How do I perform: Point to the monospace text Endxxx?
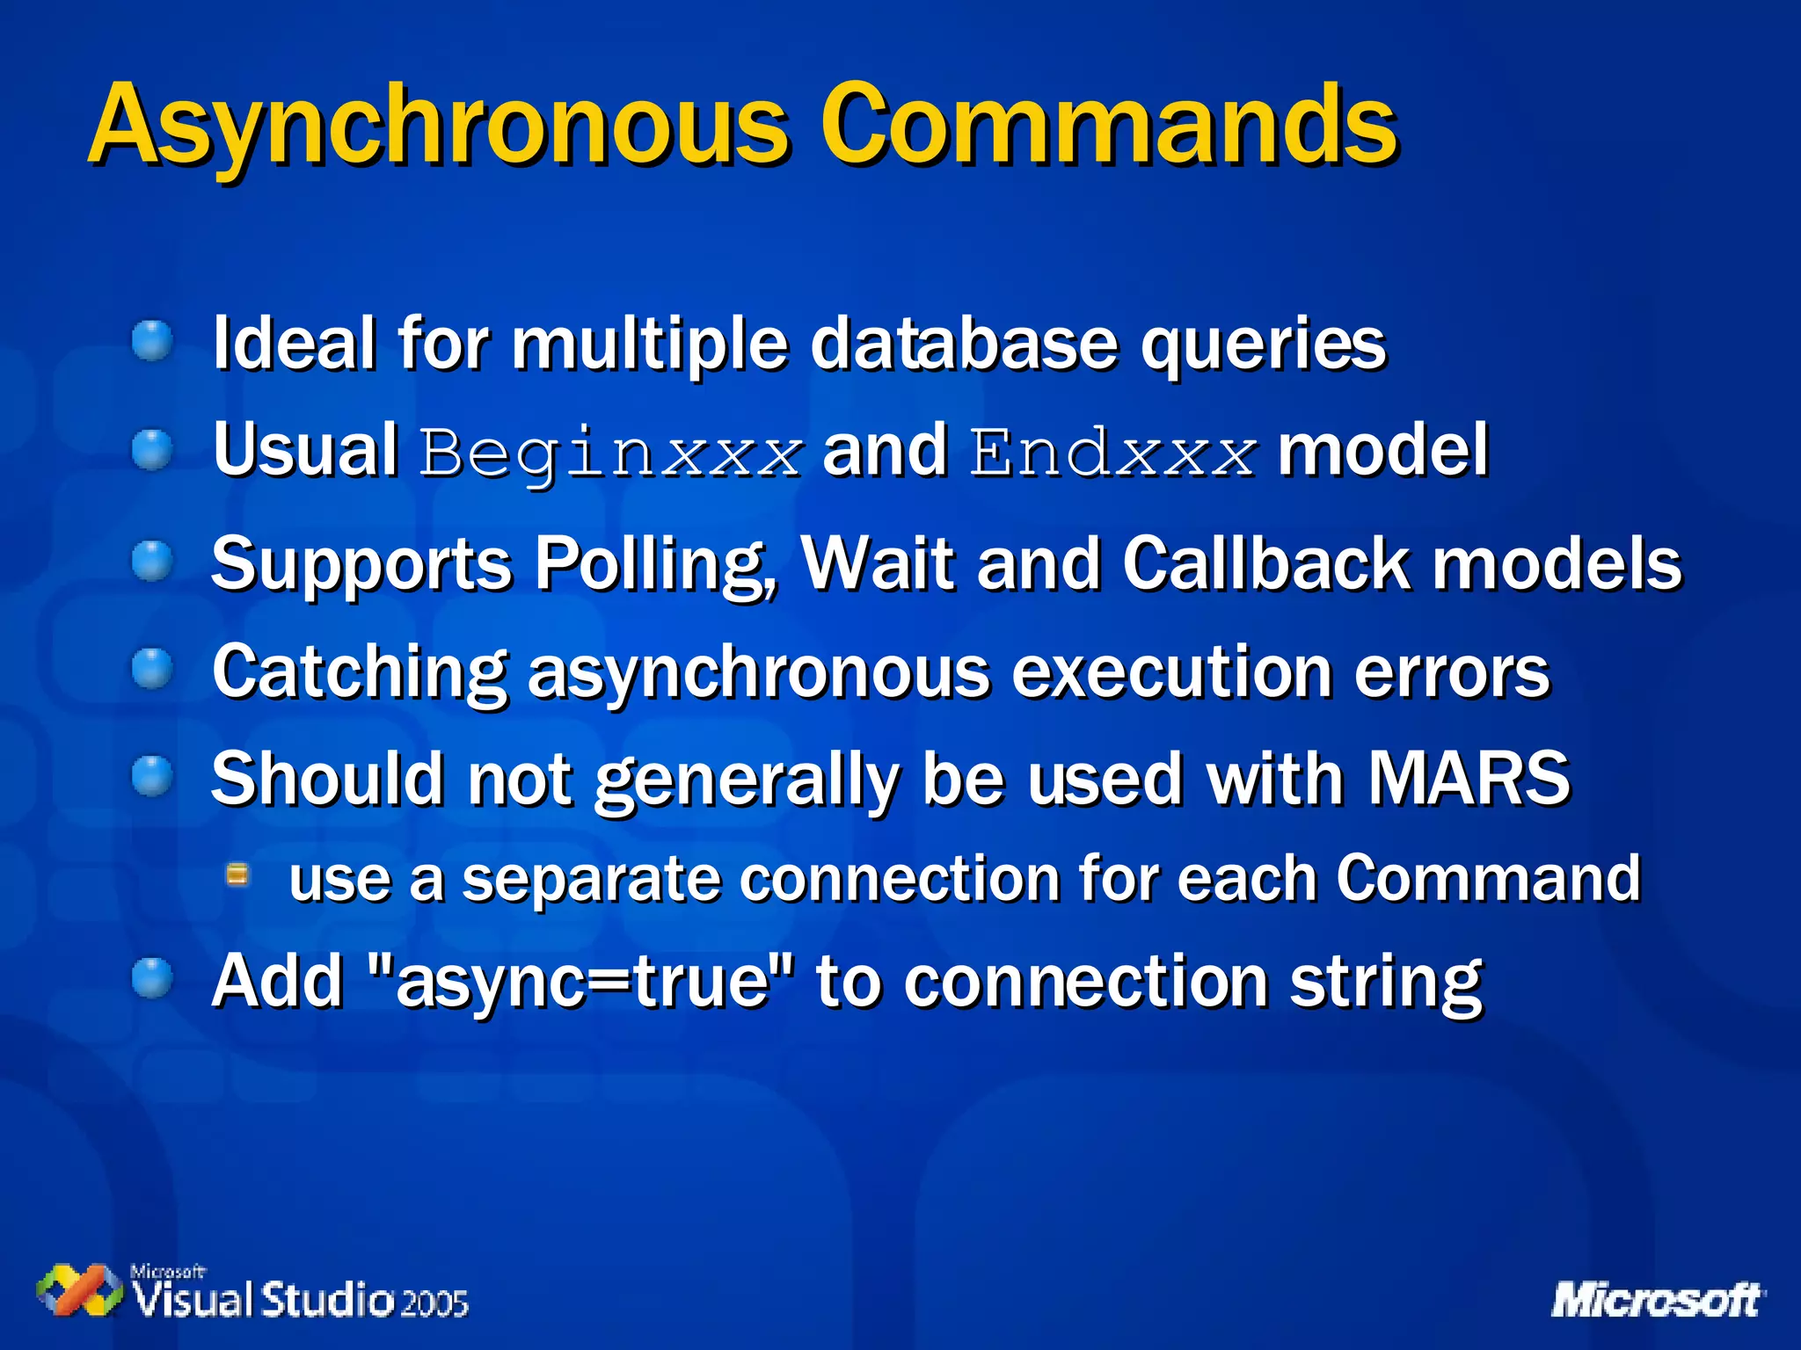1112,454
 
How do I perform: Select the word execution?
1171,673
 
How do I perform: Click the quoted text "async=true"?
581,981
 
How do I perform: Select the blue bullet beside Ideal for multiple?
153,342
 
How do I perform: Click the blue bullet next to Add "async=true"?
153,979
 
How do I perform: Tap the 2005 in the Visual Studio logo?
434,1303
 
